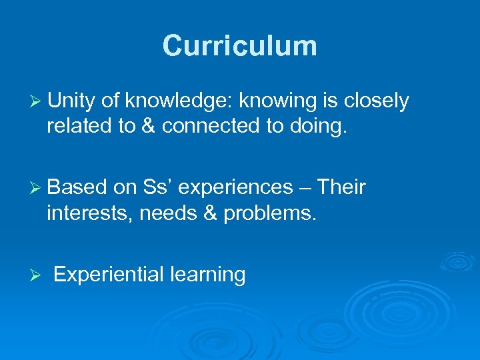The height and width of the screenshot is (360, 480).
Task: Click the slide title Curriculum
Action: point(239,46)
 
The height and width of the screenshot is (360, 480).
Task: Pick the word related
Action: point(79,127)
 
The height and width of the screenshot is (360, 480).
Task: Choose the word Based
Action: point(77,187)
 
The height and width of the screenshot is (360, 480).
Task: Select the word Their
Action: point(341,187)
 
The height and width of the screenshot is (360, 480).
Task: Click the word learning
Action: point(208,275)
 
